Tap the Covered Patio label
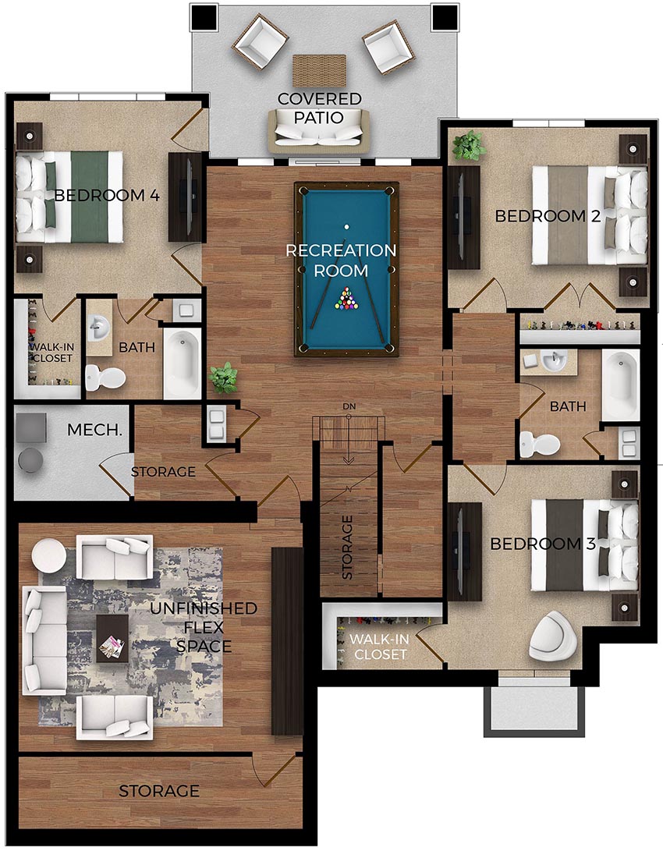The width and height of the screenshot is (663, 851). tap(320, 108)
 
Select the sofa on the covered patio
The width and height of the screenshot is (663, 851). tap(319, 130)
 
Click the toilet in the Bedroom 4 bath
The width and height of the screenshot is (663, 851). tap(105, 378)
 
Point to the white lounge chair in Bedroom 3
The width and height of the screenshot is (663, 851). tap(552, 635)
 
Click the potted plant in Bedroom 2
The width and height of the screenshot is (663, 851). tap(468, 145)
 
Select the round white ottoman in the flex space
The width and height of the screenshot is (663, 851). tap(49, 555)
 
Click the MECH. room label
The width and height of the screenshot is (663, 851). tap(92, 430)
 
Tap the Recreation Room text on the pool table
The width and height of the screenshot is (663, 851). tap(341, 261)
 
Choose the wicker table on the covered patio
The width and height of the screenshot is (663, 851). tap(319, 70)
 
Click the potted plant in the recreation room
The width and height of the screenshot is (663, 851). tap(224, 377)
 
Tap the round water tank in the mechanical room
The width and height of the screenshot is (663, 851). tap(32, 459)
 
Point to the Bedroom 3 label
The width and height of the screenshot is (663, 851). tap(543, 544)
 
